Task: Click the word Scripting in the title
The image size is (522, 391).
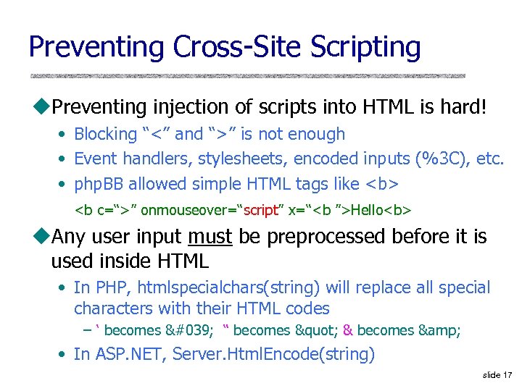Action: click(365, 48)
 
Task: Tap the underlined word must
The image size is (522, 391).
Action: click(210, 237)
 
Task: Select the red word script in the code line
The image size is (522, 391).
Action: click(261, 211)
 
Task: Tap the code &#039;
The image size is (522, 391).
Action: click(187, 330)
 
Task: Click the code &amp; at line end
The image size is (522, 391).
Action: click(439, 330)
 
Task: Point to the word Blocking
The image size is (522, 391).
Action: click(106, 134)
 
